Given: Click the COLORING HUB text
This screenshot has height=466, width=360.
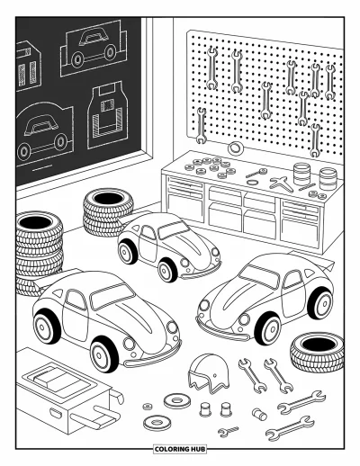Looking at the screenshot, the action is click(x=180, y=449).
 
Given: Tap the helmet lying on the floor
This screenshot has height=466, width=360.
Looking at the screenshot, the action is click(x=208, y=372).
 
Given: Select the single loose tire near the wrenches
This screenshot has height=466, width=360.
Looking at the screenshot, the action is click(x=317, y=352).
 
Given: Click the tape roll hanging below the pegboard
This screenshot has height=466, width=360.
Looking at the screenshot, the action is click(x=236, y=148).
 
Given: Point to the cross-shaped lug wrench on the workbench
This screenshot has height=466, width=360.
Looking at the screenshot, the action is click(x=282, y=184).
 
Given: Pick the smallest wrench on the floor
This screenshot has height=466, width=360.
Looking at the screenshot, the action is click(x=229, y=430).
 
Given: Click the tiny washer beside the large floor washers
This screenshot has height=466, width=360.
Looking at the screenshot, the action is click(x=148, y=407).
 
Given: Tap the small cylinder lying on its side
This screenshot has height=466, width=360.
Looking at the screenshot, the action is click(x=259, y=414).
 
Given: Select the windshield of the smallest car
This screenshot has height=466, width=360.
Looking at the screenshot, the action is click(x=173, y=229).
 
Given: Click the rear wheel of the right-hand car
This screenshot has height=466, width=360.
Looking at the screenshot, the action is click(x=320, y=303).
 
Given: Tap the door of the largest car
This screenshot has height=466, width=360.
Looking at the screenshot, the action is click(x=76, y=315).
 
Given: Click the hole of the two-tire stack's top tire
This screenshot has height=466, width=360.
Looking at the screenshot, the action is click(x=108, y=198).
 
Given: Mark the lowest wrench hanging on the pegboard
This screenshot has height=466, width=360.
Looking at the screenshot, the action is click(x=315, y=140).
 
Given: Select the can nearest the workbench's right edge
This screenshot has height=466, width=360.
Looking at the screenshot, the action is click(x=328, y=179).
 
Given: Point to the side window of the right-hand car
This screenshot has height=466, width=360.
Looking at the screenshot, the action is click(x=293, y=279).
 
